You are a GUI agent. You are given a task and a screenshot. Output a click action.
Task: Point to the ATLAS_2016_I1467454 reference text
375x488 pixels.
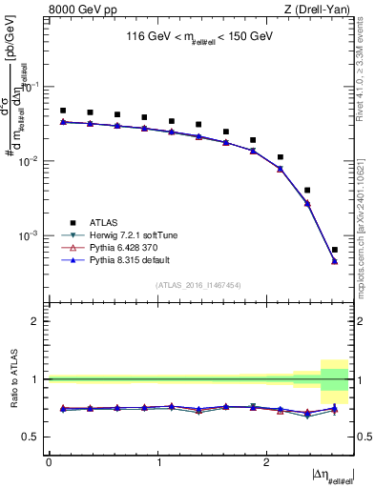[x=198, y=285]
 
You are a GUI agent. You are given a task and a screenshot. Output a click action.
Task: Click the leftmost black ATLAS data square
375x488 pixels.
[x=63, y=111]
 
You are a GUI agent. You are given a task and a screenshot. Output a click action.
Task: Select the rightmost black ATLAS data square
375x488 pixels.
[x=334, y=250]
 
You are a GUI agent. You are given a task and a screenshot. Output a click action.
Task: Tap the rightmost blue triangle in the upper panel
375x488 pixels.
[x=334, y=261]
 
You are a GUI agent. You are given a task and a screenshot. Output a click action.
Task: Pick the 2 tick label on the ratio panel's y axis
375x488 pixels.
[x=38, y=321]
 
